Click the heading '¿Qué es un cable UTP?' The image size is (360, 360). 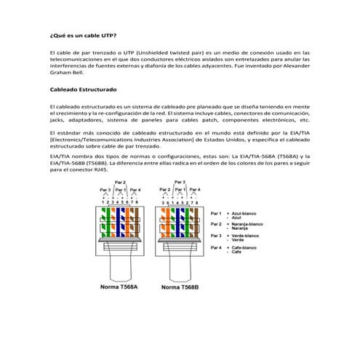pyautogui.click(x=81, y=34)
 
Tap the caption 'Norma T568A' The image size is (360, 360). pyautogui.click(x=113, y=287)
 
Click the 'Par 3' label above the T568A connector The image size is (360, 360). pyautogui.click(x=105, y=190)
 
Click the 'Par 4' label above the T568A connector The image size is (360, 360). pyautogui.click(x=135, y=190)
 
